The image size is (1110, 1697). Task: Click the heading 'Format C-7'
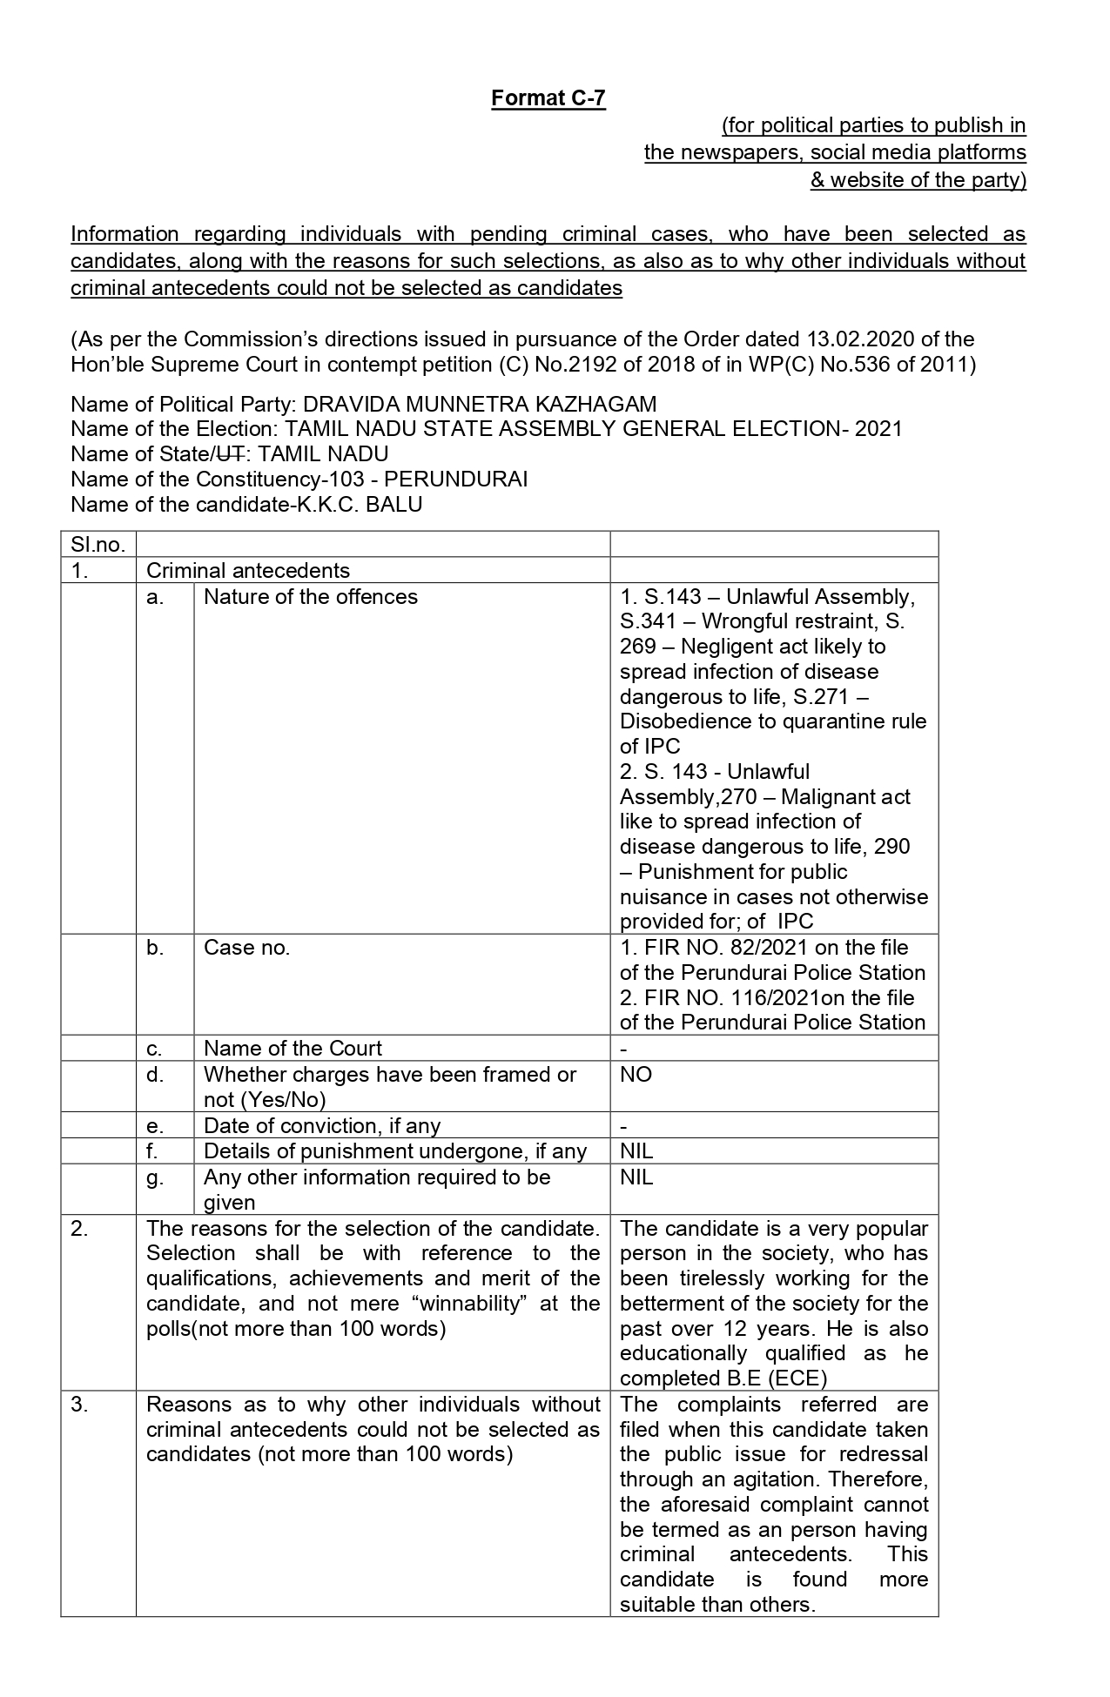(x=548, y=98)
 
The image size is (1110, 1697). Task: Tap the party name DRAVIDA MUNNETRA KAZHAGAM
(x=480, y=405)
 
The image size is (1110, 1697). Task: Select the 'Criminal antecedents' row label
(x=248, y=571)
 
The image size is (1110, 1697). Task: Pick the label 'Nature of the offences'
(x=311, y=597)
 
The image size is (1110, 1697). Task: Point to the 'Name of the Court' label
(x=293, y=1049)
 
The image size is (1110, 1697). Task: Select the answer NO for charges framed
(x=636, y=1075)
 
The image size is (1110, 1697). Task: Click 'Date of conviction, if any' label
(x=322, y=1126)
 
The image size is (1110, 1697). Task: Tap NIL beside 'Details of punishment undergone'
(x=636, y=1151)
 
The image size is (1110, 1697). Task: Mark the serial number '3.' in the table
(x=79, y=1405)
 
